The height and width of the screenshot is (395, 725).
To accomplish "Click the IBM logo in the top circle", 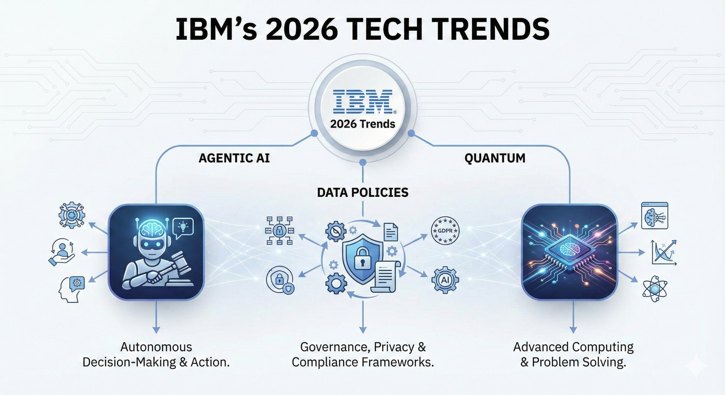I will point(362,101).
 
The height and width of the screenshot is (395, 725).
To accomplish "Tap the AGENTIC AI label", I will point(234,158).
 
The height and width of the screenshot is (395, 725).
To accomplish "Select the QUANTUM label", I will point(495,158).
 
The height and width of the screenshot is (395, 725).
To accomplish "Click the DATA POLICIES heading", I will point(362,192).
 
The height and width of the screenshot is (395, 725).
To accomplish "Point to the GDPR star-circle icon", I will point(445,230).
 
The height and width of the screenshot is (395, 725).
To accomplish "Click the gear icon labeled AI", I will point(445,280).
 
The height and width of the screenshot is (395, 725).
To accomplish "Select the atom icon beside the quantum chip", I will point(655,289).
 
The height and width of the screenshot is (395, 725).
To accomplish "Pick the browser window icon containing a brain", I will point(654,215).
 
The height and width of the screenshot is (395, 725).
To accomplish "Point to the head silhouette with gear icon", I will point(72,289).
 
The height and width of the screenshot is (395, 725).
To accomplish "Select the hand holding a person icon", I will point(62,252).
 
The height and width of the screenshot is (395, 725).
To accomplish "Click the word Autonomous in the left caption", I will point(156,347).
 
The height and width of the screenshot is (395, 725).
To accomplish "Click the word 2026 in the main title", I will point(301,29).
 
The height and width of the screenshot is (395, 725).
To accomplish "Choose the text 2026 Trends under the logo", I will point(362,124).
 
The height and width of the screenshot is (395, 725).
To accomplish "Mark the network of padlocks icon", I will point(279,230).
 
